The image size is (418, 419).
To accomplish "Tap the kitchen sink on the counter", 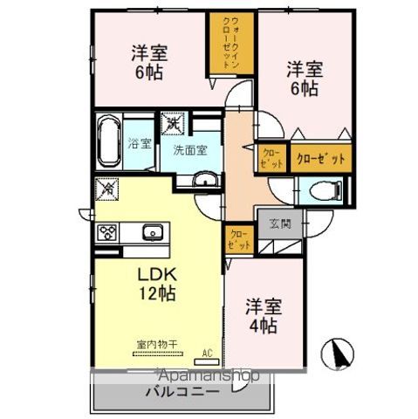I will point(152,232).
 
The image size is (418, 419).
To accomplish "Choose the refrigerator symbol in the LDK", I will point(106,186).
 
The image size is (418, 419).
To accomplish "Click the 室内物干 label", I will point(156,345).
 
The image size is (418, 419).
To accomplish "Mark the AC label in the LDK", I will point(207,353).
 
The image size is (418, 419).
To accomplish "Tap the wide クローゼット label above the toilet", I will point(319,158).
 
